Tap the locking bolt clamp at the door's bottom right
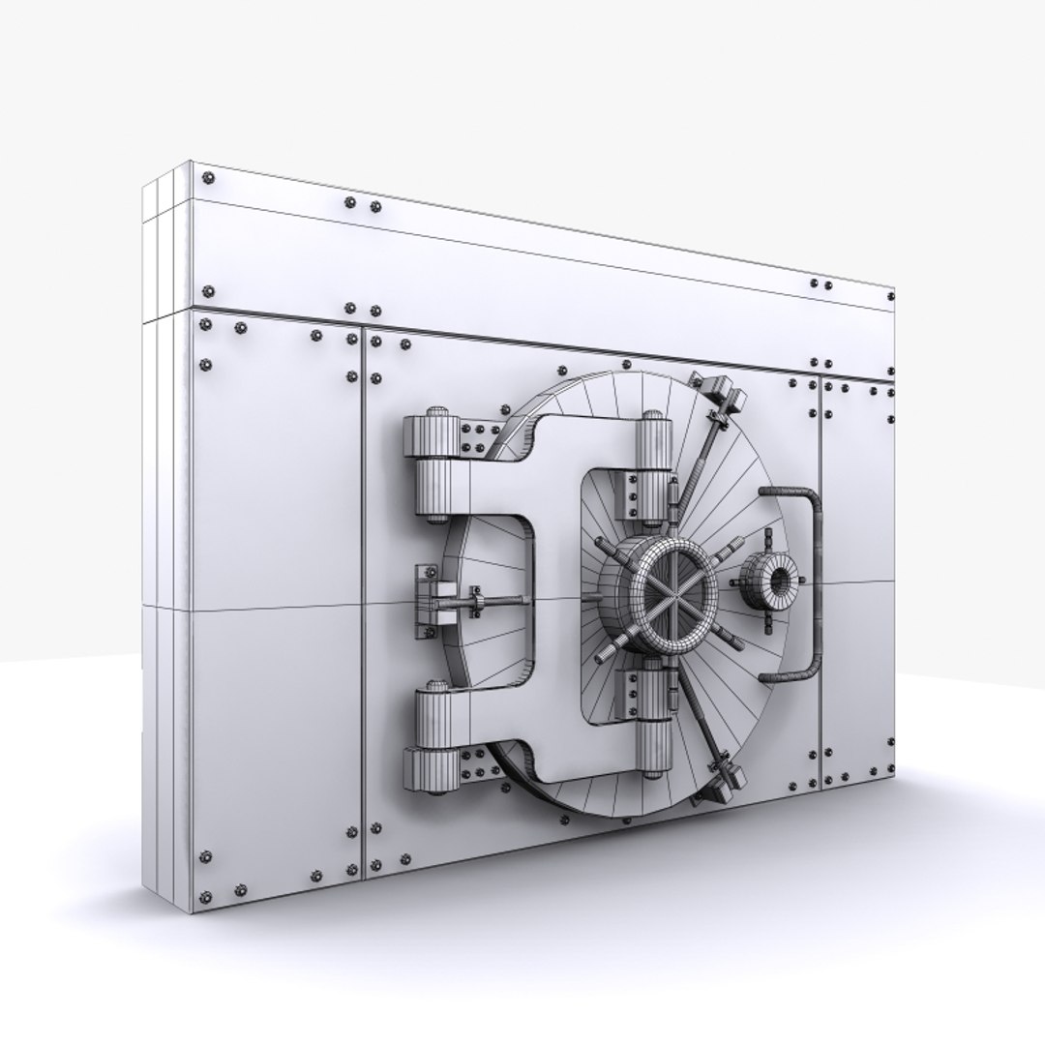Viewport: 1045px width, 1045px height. tap(721, 782)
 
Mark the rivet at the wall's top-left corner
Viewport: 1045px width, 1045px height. tap(205, 178)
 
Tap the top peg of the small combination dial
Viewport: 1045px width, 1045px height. tap(770, 540)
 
